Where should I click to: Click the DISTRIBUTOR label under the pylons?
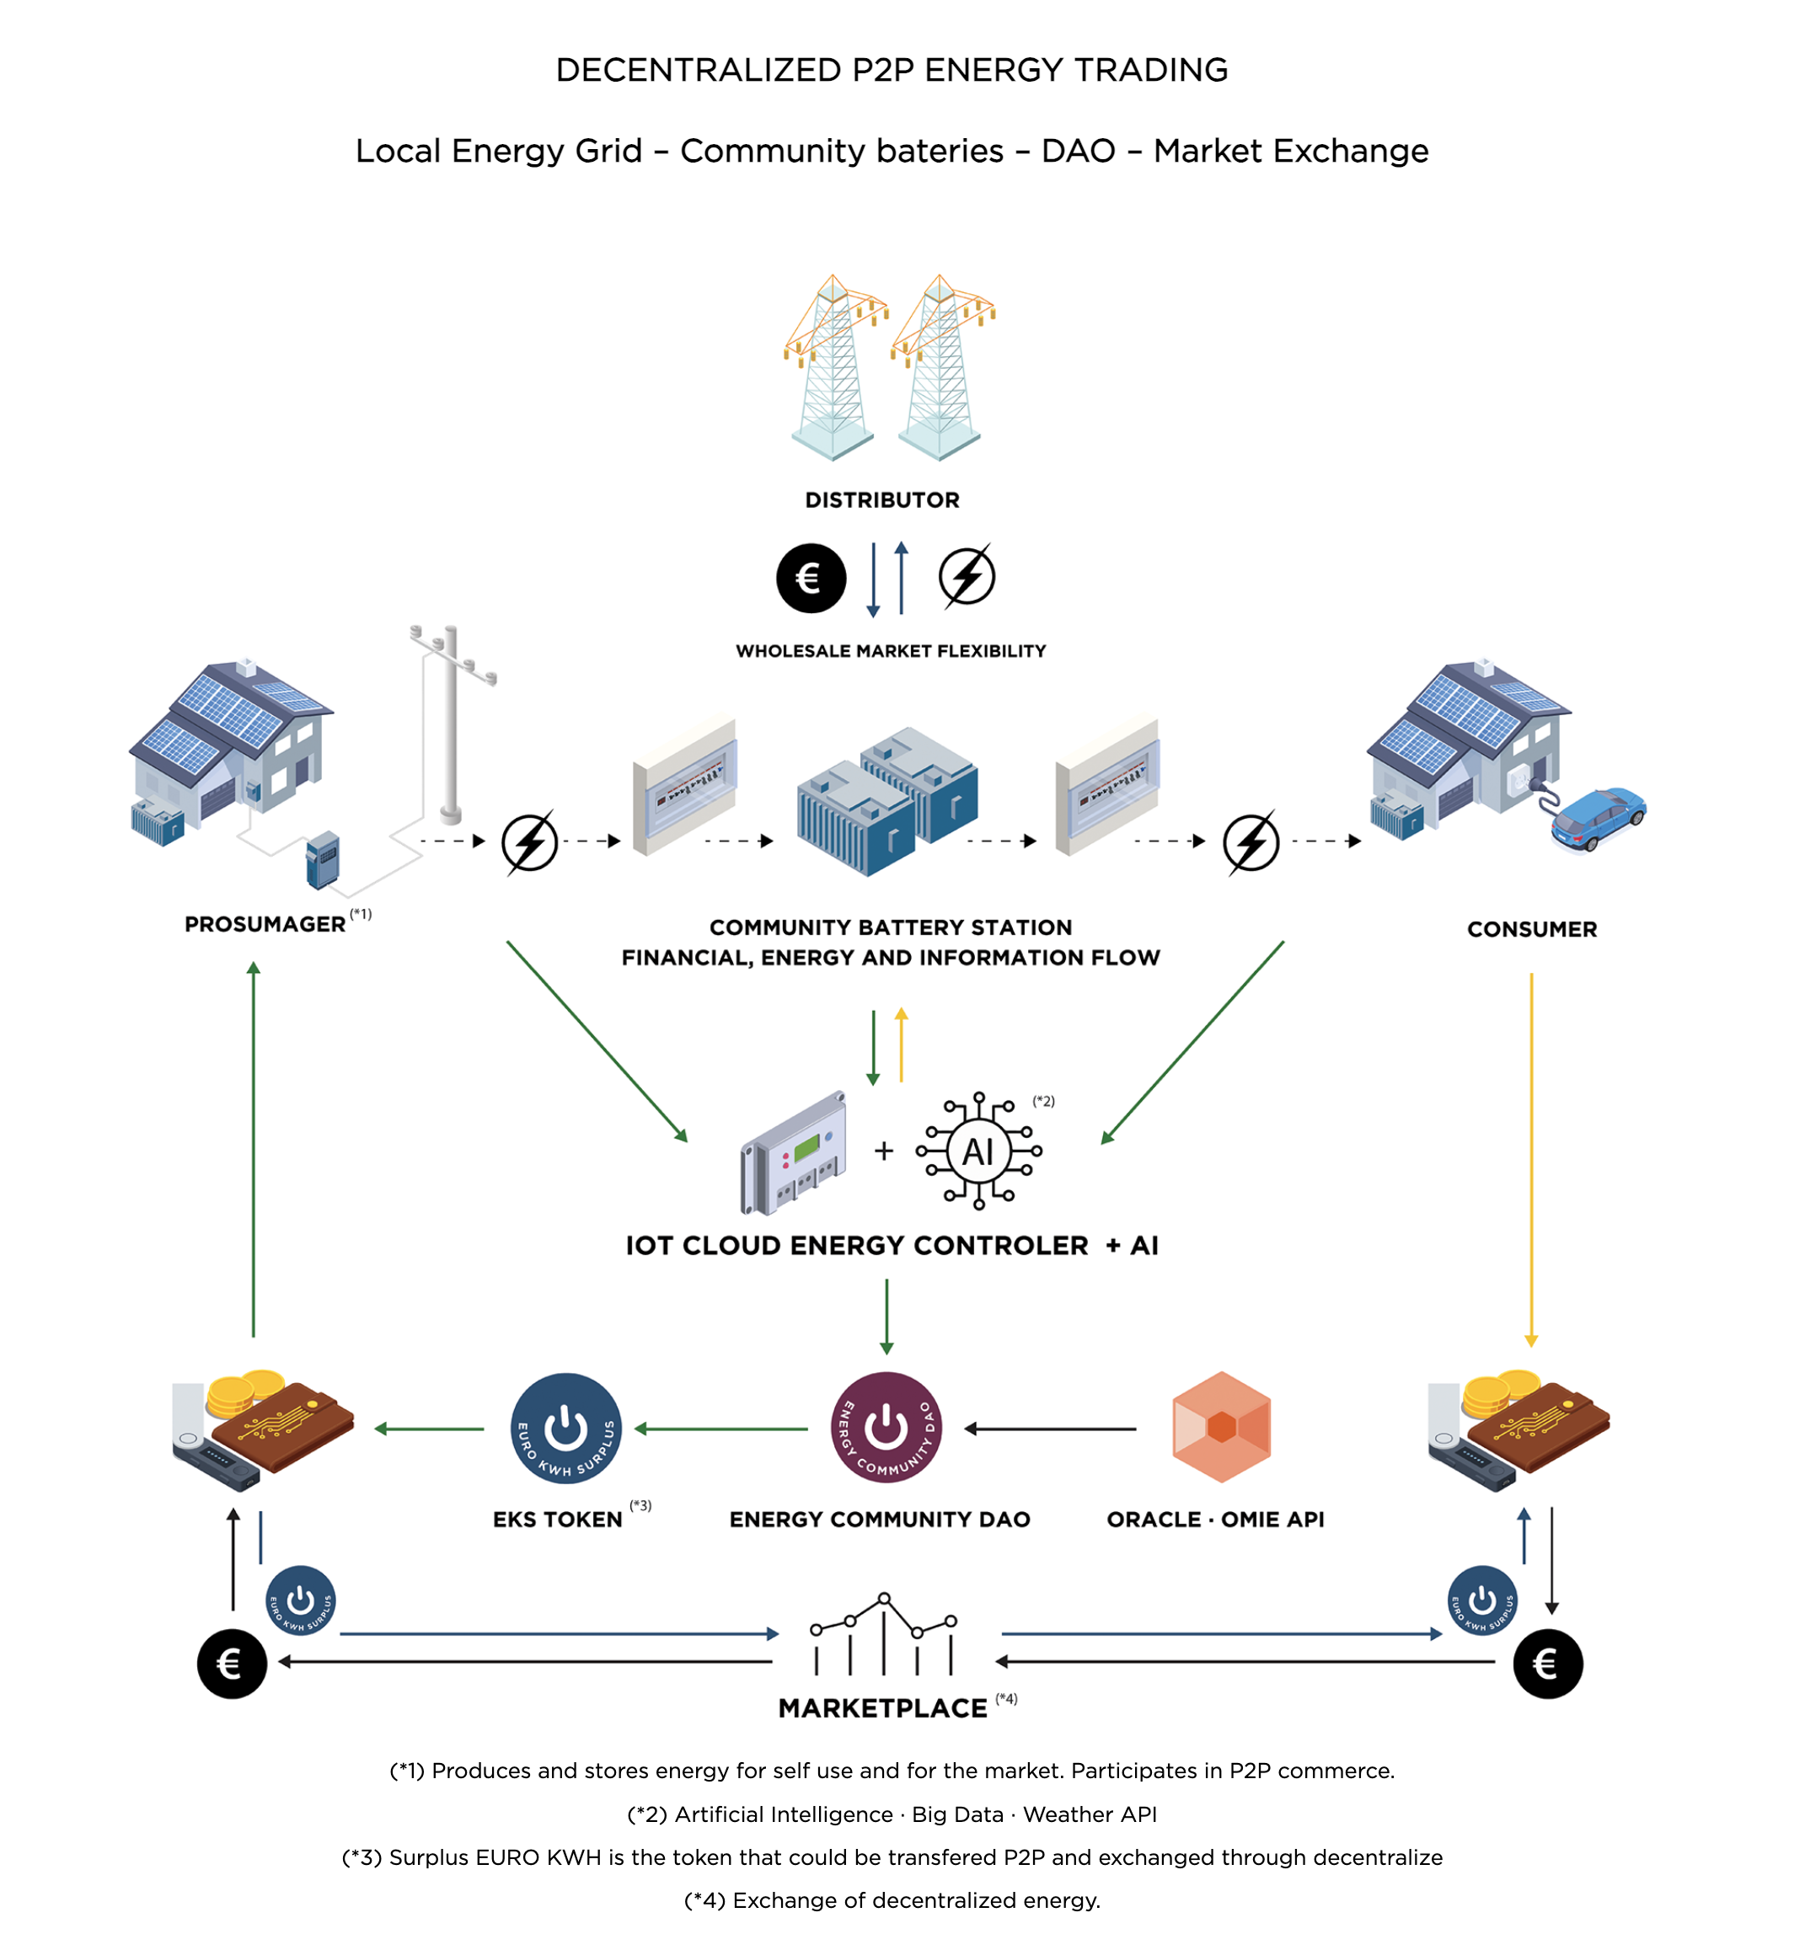[x=881, y=500]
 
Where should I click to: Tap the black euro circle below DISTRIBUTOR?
[x=811, y=578]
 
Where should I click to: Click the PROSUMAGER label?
[x=265, y=924]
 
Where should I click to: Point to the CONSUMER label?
[x=1532, y=929]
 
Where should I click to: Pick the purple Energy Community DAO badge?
[x=886, y=1427]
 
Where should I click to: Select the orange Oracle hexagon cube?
[x=1221, y=1426]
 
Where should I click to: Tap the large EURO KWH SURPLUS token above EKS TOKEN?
[x=565, y=1428]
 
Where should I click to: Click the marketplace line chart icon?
[x=883, y=1634]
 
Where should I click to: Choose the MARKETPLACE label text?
[x=882, y=1708]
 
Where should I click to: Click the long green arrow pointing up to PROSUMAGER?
[x=254, y=1148]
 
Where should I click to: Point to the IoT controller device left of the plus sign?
[x=793, y=1154]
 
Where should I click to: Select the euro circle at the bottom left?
[x=232, y=1664]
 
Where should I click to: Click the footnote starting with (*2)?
[x=892, y=1814]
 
